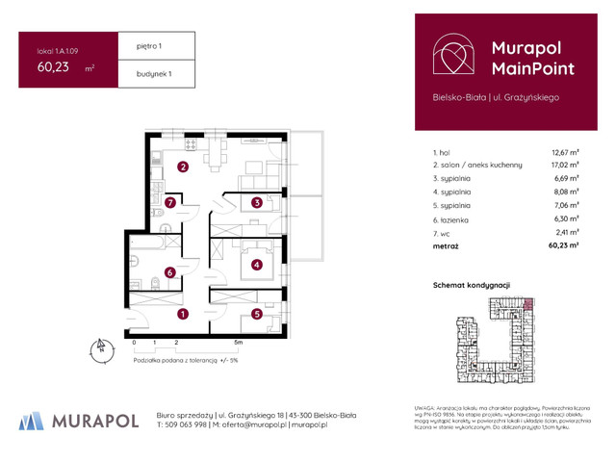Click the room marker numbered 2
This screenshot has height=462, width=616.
point(182,167)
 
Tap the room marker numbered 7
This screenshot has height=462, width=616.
point(170,202)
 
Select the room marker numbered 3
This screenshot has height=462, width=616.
point(257,202)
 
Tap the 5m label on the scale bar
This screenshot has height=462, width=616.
point(237,342)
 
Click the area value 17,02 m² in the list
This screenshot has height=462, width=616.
point(564,165)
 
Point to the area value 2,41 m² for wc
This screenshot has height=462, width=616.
point(566,232)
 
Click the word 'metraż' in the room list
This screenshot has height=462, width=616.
point(446,246)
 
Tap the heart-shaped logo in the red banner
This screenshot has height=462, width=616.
point(452,57)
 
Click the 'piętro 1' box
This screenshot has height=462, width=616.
point(157,45)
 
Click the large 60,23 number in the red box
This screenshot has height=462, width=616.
point(54,67)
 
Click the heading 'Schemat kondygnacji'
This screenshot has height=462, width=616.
point(471,286)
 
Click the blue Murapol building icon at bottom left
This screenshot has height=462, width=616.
point(32,420)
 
